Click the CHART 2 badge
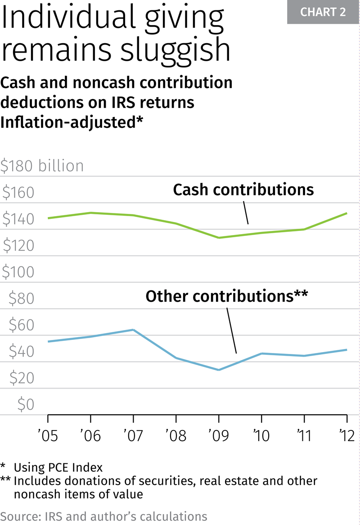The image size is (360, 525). [x=323, y=12]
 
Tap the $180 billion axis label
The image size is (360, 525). [x=42, y=166]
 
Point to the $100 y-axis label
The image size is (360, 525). [x=18, y=272]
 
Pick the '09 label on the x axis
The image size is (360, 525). [x=218, y=435]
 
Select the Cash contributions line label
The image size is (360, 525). [x=243, y=190]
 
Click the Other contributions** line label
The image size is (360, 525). [x=227, y=296]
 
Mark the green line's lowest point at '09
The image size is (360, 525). [x=219, y=238]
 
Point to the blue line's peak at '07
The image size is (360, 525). [x=133, y=330]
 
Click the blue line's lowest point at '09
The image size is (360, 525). [x=219, y=370]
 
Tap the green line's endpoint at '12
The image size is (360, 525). [x=346, y=213]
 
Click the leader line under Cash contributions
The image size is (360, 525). [x=246, y=212]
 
